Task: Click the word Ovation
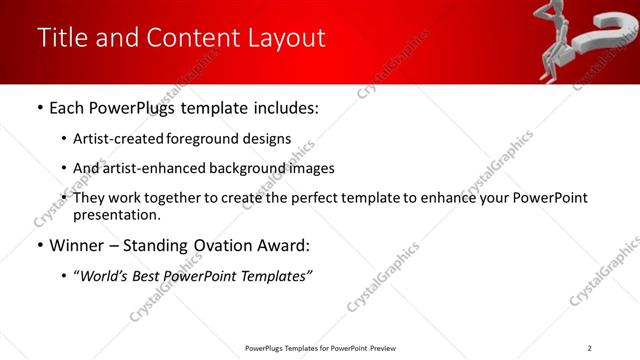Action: coord(228,246)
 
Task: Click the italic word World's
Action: coord(103,276)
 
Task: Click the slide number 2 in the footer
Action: coord(589,347)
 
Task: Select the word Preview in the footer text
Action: coord(383,347)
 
